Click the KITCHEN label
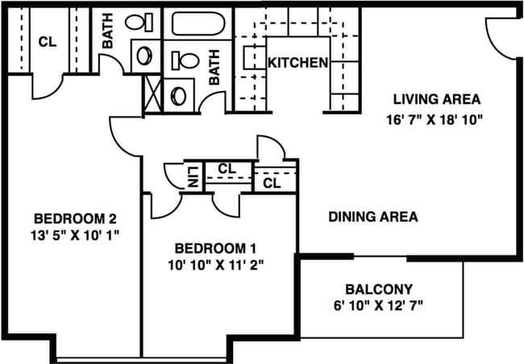pyautogui.click(x=297, y=63)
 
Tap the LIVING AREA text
pyautogui.click(x=437, y=100)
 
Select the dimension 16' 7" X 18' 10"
pyautogui.click(x=436, y=118)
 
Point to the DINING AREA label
pyautogui.click(x=372, y=217)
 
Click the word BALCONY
pyautogui.click(x=378, y=288)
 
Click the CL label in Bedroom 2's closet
pyautogui.click(x=47, y=42)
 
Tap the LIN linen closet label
pyautogui.click(x=193, y=176)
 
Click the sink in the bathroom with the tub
pyautogui.click(x=179, y=94)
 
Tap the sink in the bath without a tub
pyautogui.click(x=146, y=56)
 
